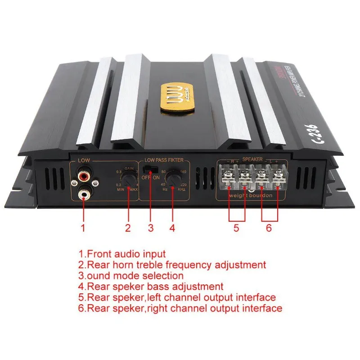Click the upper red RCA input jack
(x=84, y=172)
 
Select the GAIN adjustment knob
(x=130, y=181)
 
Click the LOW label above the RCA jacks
(x=84, y=160)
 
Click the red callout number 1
(x=83, y=228)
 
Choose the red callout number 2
(x=128, y=228)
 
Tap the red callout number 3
(x=151, y=228)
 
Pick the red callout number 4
(x=172, y=228)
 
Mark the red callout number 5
(x=236, y=228)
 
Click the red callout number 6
(x=269, y=228)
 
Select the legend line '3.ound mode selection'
(x=131, y=275)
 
